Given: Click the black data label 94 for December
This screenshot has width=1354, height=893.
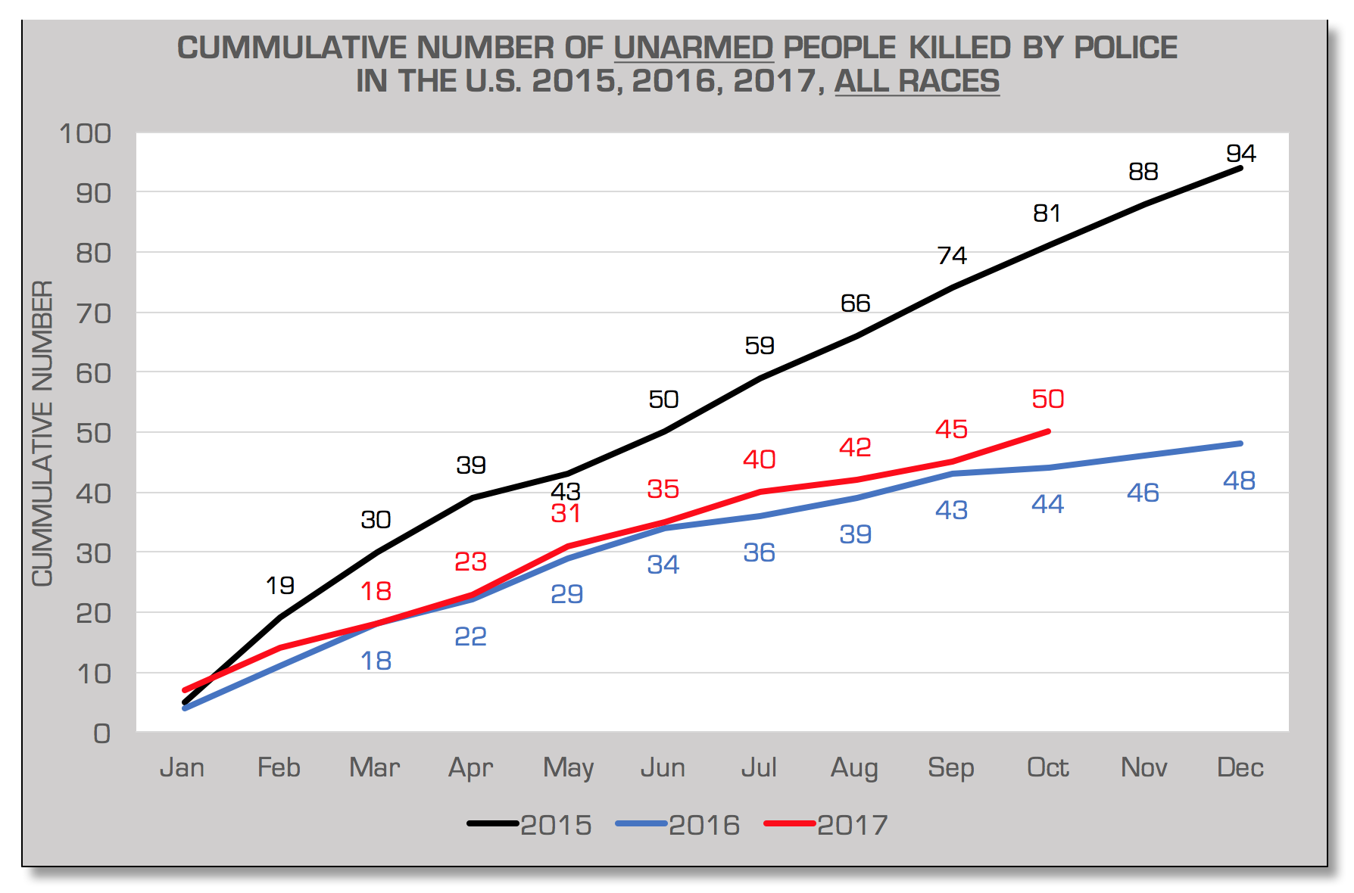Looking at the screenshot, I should point(1240,154).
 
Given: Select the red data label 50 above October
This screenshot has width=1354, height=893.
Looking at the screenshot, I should point(1047,399).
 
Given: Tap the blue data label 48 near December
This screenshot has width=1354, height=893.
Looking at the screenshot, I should point(1239,481).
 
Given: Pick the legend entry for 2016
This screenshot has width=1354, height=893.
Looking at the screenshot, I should point(679,825).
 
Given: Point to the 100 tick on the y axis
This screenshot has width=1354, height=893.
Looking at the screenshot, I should point(86,134).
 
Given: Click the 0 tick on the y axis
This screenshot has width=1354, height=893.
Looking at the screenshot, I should point(101,733).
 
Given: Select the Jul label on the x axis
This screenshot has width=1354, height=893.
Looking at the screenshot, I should point(759,767).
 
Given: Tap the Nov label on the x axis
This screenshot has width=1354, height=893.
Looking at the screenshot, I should point(1143,767).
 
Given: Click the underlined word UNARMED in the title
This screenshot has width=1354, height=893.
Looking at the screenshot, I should point(693,48).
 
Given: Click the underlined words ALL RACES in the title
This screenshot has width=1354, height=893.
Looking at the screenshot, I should point(916,81).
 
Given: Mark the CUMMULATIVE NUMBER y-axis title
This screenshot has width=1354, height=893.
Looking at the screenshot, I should point(42,433).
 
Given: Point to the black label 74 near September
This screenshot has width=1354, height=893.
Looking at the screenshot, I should point(952,256).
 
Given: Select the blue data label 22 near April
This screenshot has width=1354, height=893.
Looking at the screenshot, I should point(470,636).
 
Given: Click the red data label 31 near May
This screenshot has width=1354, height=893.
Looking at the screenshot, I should point(566,514).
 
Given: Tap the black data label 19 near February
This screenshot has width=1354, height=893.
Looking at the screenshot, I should point(279,585).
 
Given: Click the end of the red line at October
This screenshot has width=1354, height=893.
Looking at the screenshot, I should point(1048,431).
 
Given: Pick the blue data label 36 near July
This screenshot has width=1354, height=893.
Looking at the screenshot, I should point(759,552).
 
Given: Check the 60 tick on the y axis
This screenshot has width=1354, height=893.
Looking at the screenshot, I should point(94,373).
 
